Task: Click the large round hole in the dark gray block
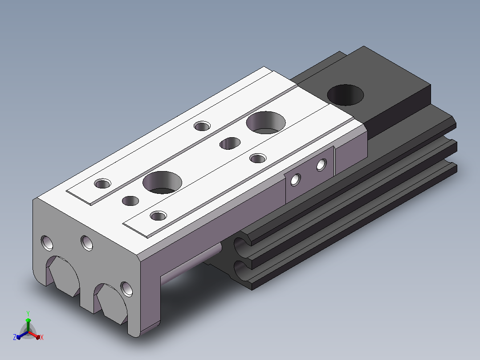[346, 95]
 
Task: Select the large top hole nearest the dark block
[266, 123]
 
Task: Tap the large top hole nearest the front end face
[162, 183]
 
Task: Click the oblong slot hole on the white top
[230, 143]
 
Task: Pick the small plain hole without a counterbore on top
[130, 201]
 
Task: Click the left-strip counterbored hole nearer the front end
[102, 184]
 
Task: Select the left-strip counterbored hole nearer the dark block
[202, 126]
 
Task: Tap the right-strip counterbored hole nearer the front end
[159, 216]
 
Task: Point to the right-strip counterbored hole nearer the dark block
[258, 159]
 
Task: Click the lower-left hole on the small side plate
[295, 180]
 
